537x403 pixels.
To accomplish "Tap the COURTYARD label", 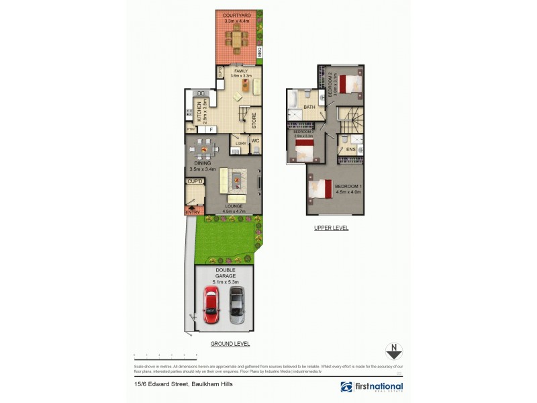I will click(237, 15).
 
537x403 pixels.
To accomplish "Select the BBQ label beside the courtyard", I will click(259, 51).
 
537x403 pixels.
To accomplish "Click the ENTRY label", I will click(193, 212).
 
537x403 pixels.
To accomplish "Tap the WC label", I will click(255, 140).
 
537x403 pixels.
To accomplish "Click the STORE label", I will click(254, 121).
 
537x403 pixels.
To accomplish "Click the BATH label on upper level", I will click(309, 107).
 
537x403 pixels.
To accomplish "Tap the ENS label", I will click(350, 149).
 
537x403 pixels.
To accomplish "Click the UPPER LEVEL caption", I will click(332, 228).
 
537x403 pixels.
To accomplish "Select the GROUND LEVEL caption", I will click(230, 343).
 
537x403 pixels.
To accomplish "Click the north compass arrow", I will click(393, 351).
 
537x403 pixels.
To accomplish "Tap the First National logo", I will click(371, 387).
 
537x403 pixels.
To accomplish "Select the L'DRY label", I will click(240, 142).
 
